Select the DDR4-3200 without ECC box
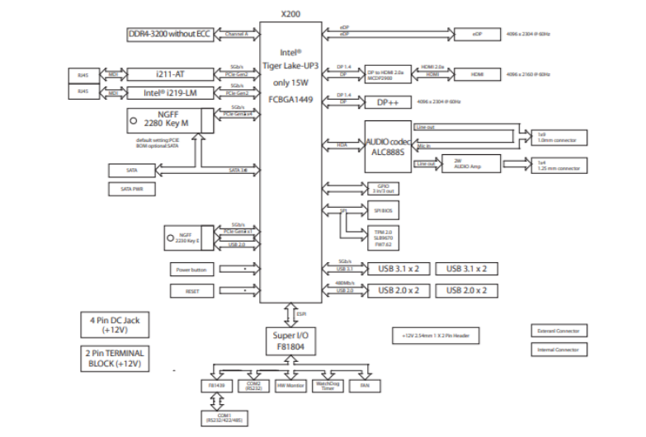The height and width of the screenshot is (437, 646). click(x=169, y=34)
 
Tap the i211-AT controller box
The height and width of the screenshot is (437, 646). click(x=169, y=73)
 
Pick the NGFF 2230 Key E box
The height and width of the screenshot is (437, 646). click(x=186, y=238)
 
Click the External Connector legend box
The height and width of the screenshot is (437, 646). click(x=559, y=331)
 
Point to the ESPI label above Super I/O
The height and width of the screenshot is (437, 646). click(x=302, y=312)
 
